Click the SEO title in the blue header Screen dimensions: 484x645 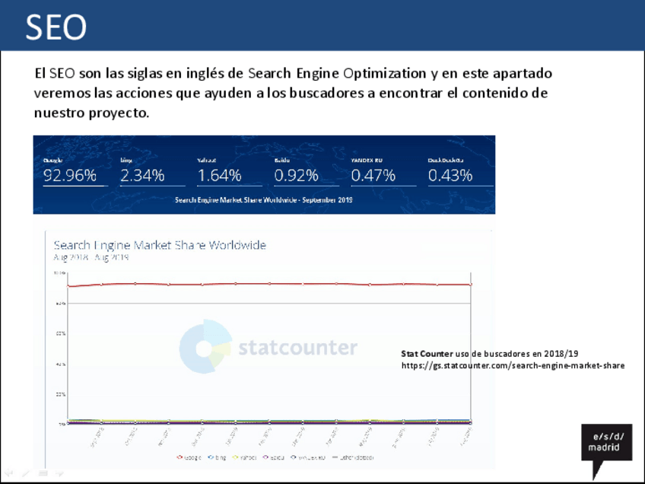click(56, 28)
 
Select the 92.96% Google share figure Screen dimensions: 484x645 click(70, 176)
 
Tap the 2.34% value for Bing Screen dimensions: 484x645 click(142, 176)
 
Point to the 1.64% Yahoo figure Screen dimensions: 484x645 click(219, 176)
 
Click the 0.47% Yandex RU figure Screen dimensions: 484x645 click(373, 176)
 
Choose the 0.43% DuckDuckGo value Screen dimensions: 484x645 click(450, 176)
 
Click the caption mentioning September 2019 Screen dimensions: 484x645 click(264, 200)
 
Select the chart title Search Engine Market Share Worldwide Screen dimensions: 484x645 click(160, 245)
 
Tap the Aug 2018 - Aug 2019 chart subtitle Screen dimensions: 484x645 click(91, 257)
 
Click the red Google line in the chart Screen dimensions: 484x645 click(266, 284)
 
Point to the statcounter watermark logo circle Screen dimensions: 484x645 click(205, 348)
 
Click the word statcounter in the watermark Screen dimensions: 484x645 click(297, 349)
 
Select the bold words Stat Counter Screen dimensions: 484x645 click(427, 354)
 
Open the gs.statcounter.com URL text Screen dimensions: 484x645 click(513, 365)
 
